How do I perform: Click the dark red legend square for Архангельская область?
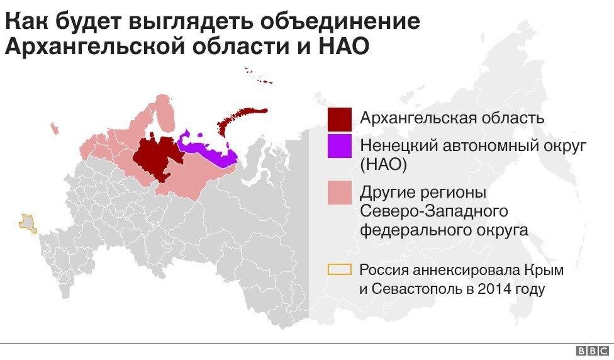[339, 118]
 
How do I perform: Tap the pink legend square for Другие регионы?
[339, 192]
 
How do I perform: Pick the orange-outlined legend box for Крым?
[339, 270]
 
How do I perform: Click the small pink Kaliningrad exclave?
[55, 128]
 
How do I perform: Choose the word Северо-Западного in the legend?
[434, 210]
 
